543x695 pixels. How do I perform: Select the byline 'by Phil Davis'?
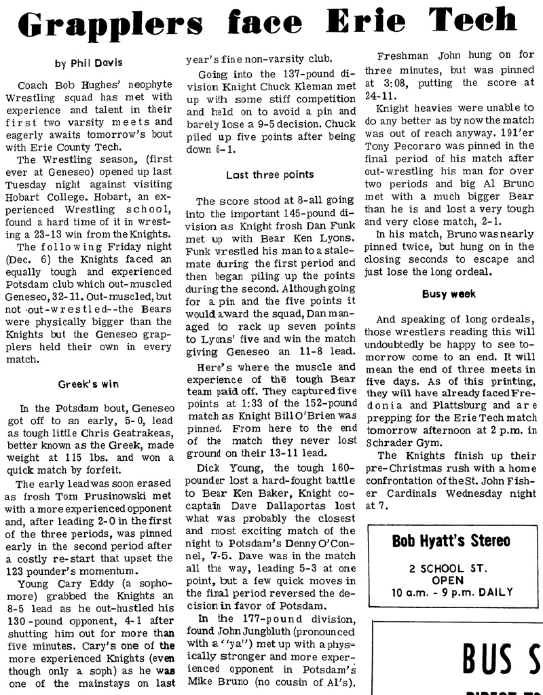pyautogui.click(x=88, y=64)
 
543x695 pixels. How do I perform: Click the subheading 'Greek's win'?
pyautogui.click(x=88, y=384)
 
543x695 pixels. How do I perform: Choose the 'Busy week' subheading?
pyautogui.click(x=449, y=295)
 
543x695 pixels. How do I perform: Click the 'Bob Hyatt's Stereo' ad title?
pyautogui.click(x=451, y=541)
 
